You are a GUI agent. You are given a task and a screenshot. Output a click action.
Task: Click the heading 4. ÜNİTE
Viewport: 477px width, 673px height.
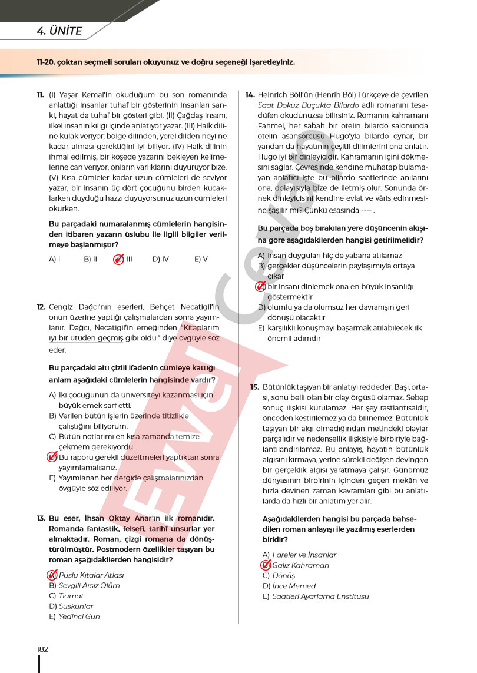[59, 31]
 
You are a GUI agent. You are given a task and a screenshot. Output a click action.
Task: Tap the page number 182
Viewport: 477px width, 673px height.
[42, 649]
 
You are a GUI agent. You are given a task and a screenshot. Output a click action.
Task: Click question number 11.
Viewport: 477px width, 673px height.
[40, 94]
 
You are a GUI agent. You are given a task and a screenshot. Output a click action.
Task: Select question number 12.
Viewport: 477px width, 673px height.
[41, 307]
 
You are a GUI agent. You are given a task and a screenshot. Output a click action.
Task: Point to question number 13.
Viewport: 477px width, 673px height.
[41, 518]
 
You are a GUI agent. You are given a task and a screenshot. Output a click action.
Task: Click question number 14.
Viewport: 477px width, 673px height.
[250, 94]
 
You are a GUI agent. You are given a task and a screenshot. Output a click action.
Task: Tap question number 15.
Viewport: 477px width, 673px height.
[254, 387]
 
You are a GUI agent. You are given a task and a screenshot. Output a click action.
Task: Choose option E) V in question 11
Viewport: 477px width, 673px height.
[201, 258]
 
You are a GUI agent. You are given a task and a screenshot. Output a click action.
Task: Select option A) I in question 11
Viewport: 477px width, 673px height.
[55, 258]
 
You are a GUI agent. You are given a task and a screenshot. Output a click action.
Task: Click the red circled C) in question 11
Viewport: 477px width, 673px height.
[118, 258]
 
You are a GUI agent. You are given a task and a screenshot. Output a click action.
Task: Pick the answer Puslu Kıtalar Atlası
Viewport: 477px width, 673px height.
[91, 575]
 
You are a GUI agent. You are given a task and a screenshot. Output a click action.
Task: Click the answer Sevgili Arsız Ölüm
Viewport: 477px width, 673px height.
[89, 585]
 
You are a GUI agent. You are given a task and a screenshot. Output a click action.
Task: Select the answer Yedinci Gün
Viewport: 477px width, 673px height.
[79, 616]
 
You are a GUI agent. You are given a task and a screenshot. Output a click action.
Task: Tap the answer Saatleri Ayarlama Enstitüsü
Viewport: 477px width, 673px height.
[320, 596]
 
